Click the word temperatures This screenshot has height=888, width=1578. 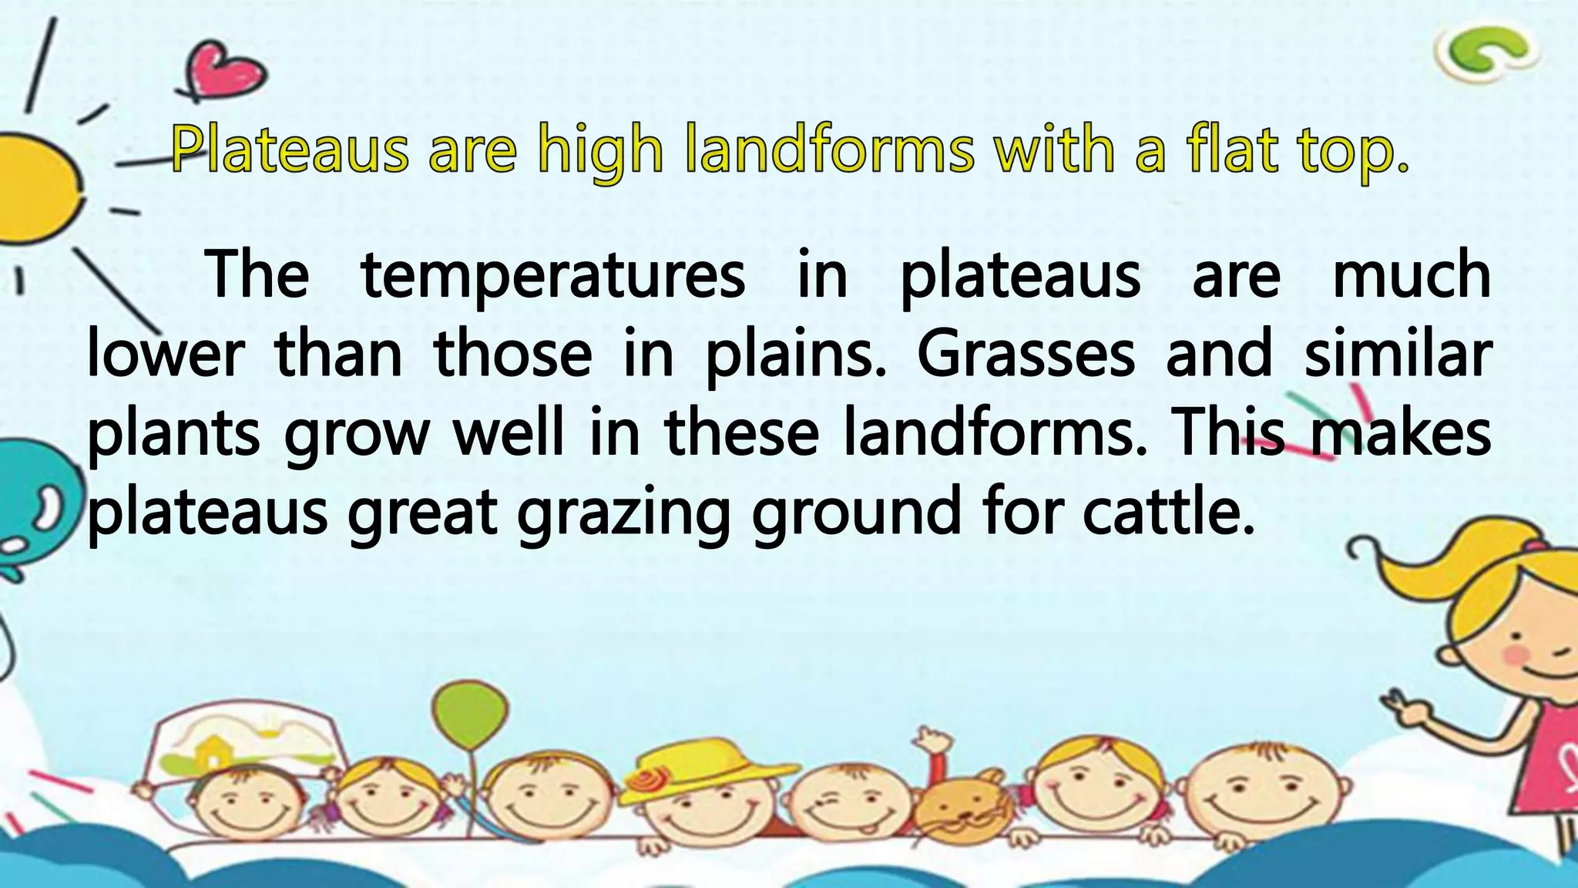[x=553, y=276]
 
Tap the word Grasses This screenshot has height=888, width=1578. [x=1026, y=355]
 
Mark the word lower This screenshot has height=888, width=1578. [x=166, y=355]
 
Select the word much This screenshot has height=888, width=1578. [x=1412, y=276]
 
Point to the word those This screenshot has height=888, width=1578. [x=513, y=355]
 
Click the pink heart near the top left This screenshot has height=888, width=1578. [x=227, y=72]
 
